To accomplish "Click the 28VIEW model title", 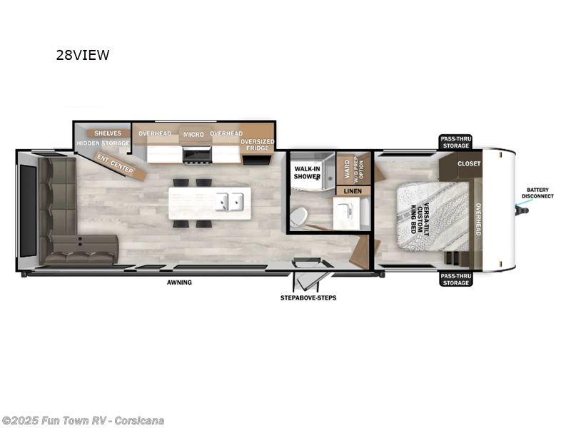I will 83,55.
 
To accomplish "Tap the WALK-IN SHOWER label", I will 306,173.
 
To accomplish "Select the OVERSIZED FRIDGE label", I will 258,146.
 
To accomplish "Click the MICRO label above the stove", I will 193,134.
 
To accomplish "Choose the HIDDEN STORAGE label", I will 103,143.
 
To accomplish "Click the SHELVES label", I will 108,133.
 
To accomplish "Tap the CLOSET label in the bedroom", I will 469,163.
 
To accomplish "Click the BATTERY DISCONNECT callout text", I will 540,193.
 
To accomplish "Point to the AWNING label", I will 180,282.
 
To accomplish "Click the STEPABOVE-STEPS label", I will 308,297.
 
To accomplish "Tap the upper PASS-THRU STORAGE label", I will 455,142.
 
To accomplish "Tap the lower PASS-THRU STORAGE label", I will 455,280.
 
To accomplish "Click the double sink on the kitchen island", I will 231,202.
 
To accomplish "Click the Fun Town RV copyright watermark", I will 83,420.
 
